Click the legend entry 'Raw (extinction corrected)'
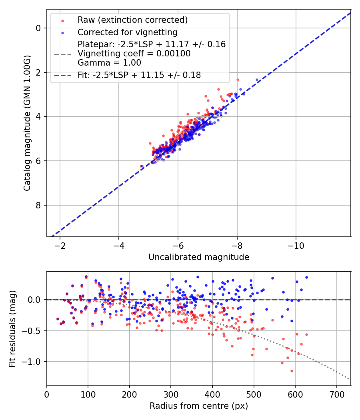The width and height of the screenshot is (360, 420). [x=132, y=20]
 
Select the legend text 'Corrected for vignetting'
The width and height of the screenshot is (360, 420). [x=128, y=32]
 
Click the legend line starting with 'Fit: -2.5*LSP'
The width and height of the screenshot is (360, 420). [x=139, y=75]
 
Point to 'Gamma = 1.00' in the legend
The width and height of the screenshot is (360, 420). [x=109, y=62]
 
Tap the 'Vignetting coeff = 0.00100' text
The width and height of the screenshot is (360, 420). [x=134, y=54]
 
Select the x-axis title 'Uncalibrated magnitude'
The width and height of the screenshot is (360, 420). [x=199, y=257]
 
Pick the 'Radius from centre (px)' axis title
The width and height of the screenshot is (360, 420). [x=199, y=406]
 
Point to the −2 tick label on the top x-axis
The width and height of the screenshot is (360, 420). [x=60, y=245]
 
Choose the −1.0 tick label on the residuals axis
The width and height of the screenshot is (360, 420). [x=33, y=362]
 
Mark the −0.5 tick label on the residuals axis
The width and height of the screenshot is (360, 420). [x=33, y=331]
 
